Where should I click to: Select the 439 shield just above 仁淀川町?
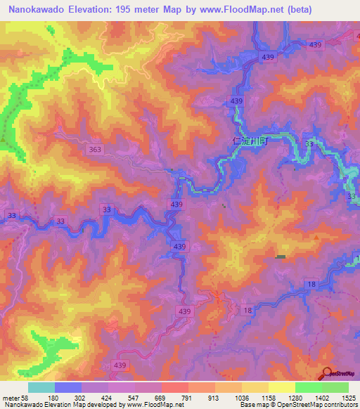click(236, 103)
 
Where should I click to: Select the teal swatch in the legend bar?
click(41, 387)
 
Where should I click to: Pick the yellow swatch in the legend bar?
click(281, 387)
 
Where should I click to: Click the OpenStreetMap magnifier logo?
click(327, 373)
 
